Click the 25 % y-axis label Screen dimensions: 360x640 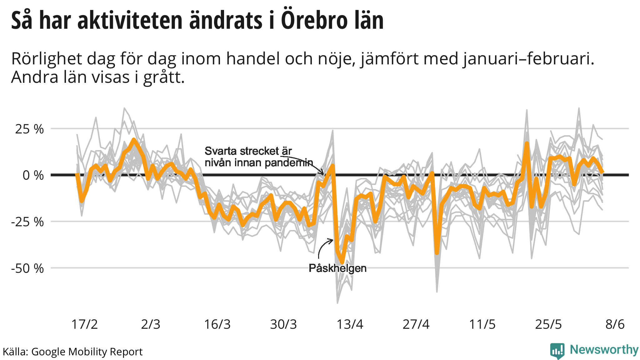[x=29, y=129]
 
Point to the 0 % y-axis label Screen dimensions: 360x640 [x=33, y=175]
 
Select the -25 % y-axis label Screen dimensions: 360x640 [x=27, y=222]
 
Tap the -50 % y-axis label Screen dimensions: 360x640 [x=27, y=268]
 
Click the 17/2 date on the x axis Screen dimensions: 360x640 [x=84, y=324]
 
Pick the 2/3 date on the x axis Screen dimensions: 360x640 [x=151, y=324]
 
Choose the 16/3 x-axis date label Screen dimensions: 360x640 [x=217, y=324]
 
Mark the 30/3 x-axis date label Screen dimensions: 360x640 [x=283, y=324]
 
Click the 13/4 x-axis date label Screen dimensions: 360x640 [x=350, y=324]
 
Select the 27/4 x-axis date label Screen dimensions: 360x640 [x=416, y=324]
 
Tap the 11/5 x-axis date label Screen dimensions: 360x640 [x=482, y=324]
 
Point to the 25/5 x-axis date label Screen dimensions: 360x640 [x=548, y=324]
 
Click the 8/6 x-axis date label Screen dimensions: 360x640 [x=615, y=324]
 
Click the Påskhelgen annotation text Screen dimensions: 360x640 [x=337, y=268]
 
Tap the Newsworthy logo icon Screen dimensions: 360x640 [x=557, y=351]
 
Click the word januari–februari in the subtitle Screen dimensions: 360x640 [x=528, y=59]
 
